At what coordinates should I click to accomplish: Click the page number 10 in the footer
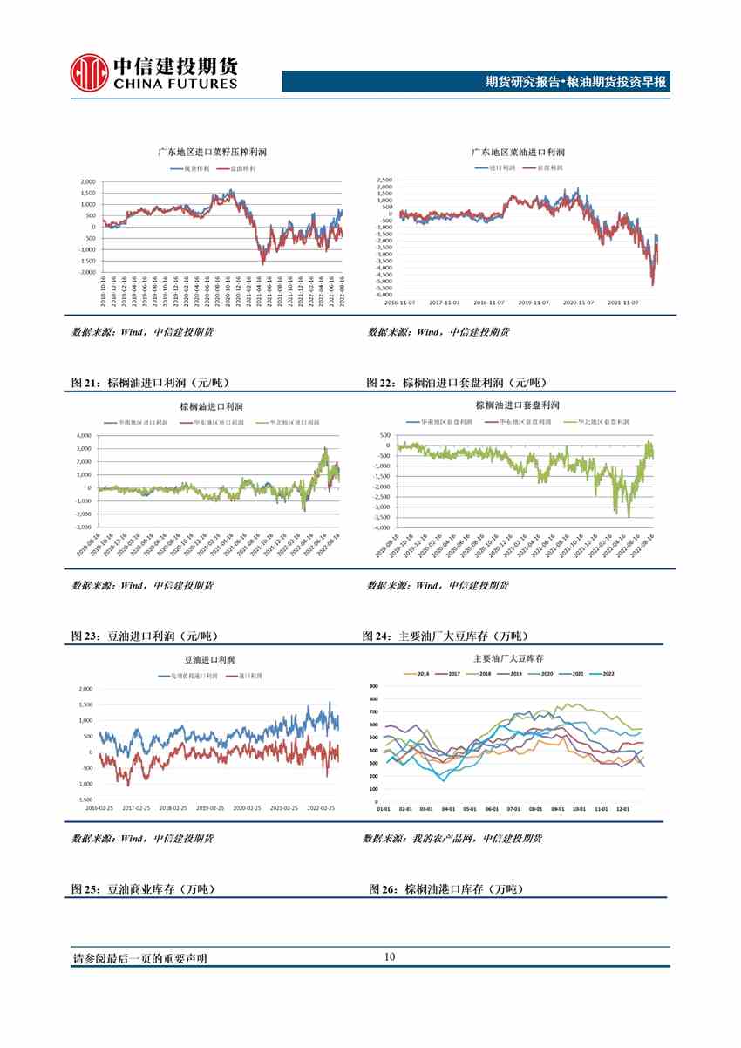coord(389,957)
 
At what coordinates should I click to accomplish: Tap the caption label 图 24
coord(377,636)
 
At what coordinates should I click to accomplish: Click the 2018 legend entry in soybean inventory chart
coord(485,674)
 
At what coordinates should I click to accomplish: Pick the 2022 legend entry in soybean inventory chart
coord(607,674)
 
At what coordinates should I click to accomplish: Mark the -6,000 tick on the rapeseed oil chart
coord(384,295)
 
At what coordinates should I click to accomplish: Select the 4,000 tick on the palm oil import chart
coord(84,435)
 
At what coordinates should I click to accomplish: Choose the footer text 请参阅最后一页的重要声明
coord(139,958)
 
